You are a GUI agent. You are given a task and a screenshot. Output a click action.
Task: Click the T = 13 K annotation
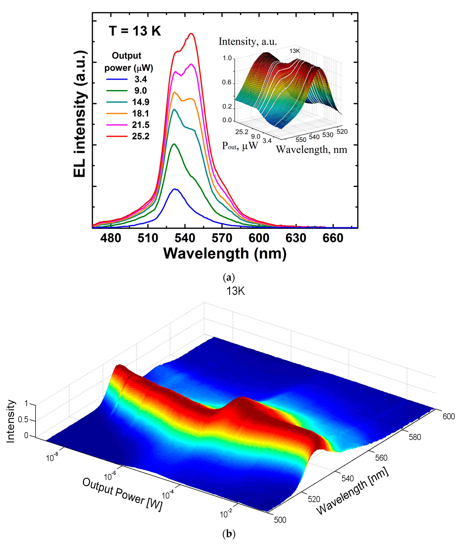(x=135, y=31)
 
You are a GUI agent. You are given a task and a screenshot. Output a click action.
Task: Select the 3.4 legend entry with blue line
(x=127, y=79)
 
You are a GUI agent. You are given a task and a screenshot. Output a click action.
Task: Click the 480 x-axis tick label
(x=111, y=238)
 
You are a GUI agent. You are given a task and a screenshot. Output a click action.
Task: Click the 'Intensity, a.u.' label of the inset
(x=248, y=42)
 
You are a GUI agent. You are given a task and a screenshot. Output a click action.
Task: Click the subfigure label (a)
(x=229, y=278)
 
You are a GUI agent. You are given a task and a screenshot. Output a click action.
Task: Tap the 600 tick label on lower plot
(x=448, y=417)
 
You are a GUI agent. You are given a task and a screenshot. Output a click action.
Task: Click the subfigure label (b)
(x=229, y=534)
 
